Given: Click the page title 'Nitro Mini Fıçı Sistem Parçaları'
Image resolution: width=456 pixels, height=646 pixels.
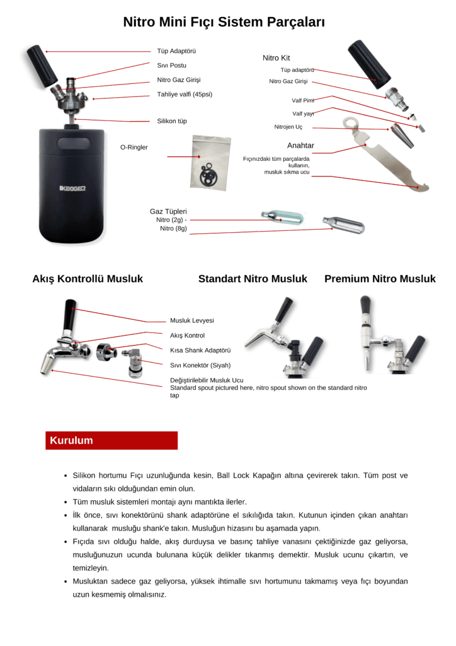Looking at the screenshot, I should coord(224,23).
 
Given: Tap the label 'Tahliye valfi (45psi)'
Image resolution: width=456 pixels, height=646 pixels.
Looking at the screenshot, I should coord(185,95).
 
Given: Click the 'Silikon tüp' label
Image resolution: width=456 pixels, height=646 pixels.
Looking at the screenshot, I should coord(172,120).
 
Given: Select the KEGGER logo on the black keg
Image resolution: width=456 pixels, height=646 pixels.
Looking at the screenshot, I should coord(72,188).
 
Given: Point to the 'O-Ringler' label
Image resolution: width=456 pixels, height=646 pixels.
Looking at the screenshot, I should coord(134,147).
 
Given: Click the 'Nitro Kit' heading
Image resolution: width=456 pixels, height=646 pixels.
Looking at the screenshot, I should coord(276,58).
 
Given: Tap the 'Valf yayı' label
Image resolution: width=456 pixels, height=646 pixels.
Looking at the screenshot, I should coord(303,114).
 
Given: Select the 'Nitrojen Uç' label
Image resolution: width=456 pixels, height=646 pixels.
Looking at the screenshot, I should coord(288,127).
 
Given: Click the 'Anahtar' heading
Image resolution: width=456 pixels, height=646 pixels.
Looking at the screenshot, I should coord(300,146).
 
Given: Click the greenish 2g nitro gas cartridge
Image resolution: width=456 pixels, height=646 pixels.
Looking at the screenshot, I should coord(282,218).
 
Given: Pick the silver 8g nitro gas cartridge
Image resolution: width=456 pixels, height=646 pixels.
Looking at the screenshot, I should coord(342,224).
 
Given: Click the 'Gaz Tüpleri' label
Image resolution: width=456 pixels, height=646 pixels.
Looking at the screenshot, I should coord(168,211).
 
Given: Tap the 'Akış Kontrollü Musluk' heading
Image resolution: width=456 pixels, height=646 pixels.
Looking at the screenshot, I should coord(88,279).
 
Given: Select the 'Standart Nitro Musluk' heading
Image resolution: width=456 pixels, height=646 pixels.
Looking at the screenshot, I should coord(253,279).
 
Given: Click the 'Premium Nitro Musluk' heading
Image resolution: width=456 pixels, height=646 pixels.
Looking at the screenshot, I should coord(380,279).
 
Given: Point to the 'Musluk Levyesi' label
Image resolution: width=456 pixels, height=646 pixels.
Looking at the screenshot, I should coord(192,320).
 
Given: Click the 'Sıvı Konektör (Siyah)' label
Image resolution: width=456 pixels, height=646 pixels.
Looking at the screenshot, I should coord(200,365).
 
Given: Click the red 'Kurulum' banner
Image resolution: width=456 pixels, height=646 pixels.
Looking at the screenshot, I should coord(111,440).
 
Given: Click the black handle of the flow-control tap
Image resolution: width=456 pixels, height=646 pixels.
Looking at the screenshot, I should coord(69,315).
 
